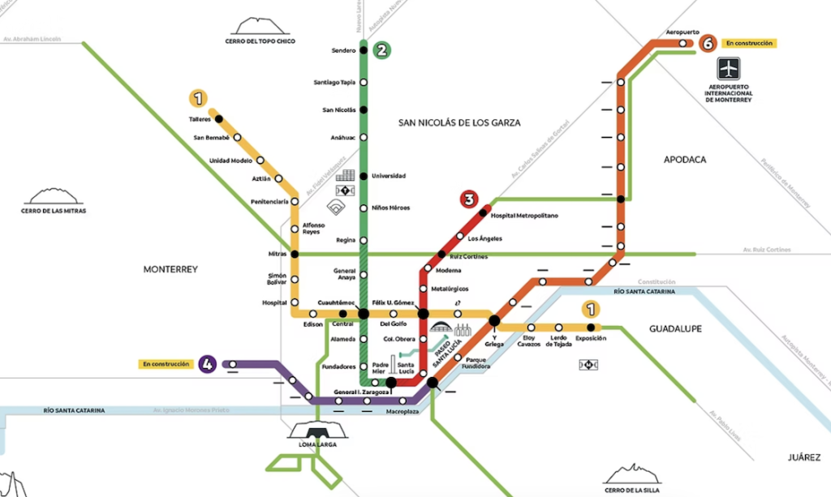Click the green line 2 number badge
coord(381,49)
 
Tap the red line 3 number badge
coord(468,199)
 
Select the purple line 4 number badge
coord(209,364)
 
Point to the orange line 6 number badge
coord(708,42)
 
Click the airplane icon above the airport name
coord(729,68)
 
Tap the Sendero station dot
coord(364,50)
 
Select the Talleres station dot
coord(218,119)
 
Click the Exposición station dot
coord(591,328)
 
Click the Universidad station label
coord(388,176)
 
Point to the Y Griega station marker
coord(494,321)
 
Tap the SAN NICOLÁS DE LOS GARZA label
coord(459,122)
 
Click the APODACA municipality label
coord(685,160)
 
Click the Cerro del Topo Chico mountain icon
coord(260,28)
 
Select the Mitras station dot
coord(295,254)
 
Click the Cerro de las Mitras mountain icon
coord(55,197)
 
